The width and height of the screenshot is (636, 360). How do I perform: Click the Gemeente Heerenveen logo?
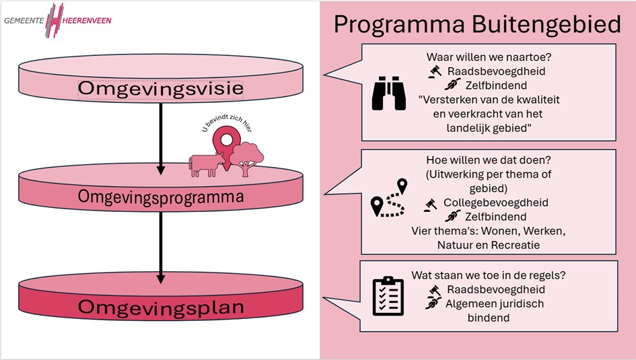coord(57,20)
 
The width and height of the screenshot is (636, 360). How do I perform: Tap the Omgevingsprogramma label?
coord(160,196)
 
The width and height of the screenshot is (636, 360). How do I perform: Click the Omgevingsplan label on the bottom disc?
coord(160,307)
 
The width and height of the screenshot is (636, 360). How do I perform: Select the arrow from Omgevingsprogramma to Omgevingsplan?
coord(161,246)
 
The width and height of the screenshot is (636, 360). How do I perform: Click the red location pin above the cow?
coord(223,140)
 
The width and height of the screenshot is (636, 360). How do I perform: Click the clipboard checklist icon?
coord(388,295)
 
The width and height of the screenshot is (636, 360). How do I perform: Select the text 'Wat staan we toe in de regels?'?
coord(488,275)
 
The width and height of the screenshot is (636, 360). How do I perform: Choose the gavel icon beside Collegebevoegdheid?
coord(431,203)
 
